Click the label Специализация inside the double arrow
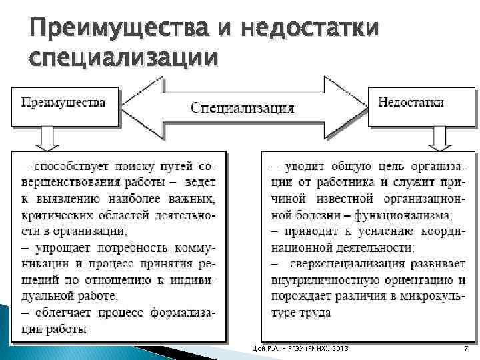(243, 107)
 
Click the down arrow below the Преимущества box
(47, 139)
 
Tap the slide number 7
(465, 349)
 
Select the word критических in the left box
(53, 215)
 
